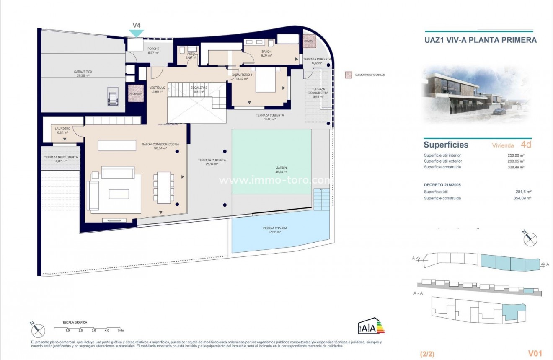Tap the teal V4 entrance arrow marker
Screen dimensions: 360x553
click(136, 33)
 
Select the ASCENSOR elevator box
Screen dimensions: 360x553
click(136, 93)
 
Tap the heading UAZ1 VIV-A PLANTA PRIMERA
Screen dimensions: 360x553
click(481, 40)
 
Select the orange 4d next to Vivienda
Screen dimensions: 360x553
click(526, 145)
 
